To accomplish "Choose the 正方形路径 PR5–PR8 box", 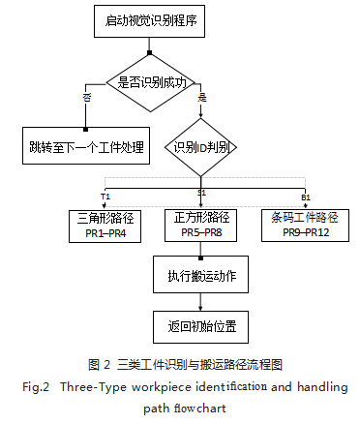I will pyautogui.click(x=201, y=226).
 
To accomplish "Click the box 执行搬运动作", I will pyautogui.click(x=201, y=276).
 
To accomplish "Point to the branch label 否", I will pyautogui.click(x=85, y=97).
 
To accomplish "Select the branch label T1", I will pyautogui.click(x=105, y=196).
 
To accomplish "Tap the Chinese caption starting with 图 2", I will pyautogui.click(x=184, y=365).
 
